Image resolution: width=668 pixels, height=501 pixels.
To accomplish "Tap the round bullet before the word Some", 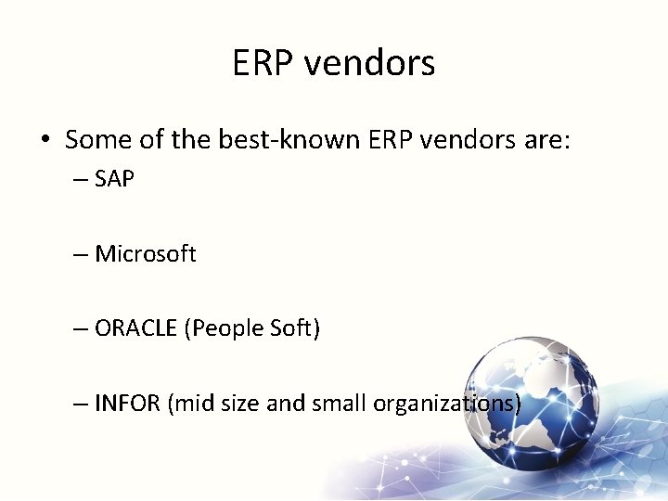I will point(45,140).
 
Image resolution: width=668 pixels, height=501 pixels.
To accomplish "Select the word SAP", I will point(115,179).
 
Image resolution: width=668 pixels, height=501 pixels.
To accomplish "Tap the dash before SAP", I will point(81,179).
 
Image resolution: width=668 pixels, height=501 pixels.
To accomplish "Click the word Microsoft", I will point(146,254).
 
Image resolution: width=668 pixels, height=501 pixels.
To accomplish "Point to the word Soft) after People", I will point(294,329).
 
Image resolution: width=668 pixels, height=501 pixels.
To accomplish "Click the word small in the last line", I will point(340,405).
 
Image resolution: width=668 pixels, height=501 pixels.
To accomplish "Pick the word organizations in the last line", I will point(446,405).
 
